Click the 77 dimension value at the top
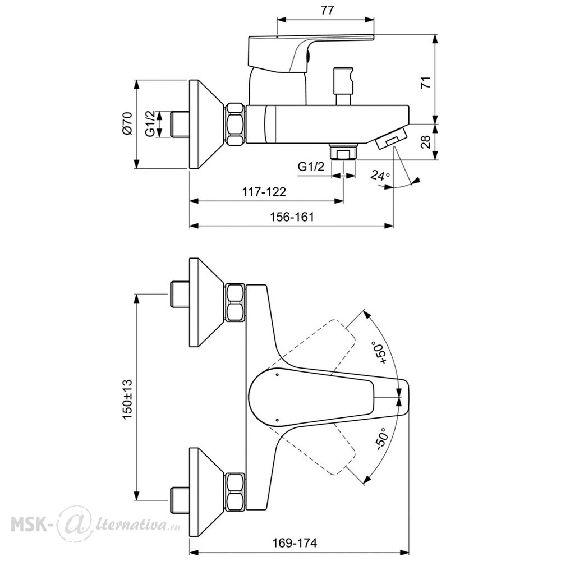point(327,10)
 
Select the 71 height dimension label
point(426,82)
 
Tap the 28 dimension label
point(426,142)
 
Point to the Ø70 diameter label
point(127,123)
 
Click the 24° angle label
point(380,175)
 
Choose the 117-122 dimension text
point(264,192)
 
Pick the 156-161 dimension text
point(292,217)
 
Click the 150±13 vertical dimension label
point(127,399)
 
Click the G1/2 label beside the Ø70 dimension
point(150,123)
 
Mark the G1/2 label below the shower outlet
point(311,167)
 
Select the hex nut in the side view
point(235,124)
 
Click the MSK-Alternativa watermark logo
point(95,524)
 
